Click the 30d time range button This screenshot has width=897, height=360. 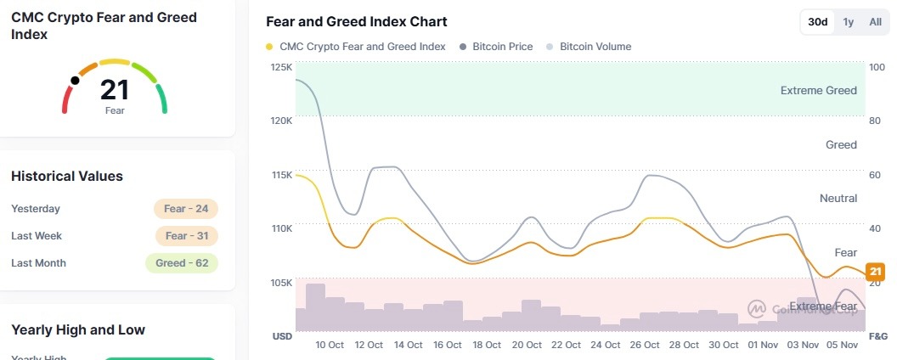click(x=818, y=22)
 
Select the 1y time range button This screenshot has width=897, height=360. click(x=848, y=22)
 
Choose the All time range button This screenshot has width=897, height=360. click(x=875, y=22)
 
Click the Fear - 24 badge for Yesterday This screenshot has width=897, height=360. click(x=186, y=209)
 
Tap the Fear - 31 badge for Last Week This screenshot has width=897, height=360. click(x=186, y=236)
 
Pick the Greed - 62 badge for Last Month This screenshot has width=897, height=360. click(x=182, y=263)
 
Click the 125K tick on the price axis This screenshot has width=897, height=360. click(x=281, y=67)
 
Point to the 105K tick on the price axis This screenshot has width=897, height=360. click(x=281, y=283)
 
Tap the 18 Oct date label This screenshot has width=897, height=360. click(x=487, y=345)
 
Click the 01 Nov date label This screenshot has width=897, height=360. click(x=763, y=345)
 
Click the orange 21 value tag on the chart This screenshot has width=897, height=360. click(x=875, y=272)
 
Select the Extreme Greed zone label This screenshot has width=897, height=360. click(x=818, y=91)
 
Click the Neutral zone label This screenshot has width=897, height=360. click(x=838, y=199)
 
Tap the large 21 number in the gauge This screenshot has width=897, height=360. click(x=115, y=90)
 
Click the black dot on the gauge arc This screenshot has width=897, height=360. click(x=76, y=81)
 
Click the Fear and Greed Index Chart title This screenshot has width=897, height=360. click(x=356, y=22)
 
